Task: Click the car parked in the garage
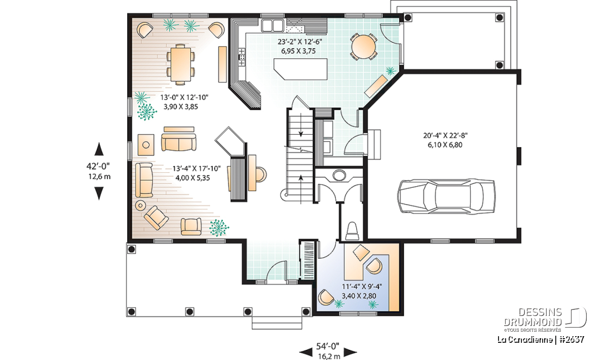[x=446, y=196]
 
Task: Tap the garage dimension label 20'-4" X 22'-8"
[x=445, y=135]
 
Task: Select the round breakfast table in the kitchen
[x=363, y=47]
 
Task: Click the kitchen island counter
[x=300, y=69]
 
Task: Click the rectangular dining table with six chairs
[x=180, y=64]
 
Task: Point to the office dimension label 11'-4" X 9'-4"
[x=362, y=287]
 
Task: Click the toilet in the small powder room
[x=352, y=231]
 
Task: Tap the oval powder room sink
[x=338, y=175]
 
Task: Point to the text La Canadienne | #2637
[x=541, y=339]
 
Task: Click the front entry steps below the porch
[x=277, y=323]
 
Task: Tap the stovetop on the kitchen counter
[x=242, y=57]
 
